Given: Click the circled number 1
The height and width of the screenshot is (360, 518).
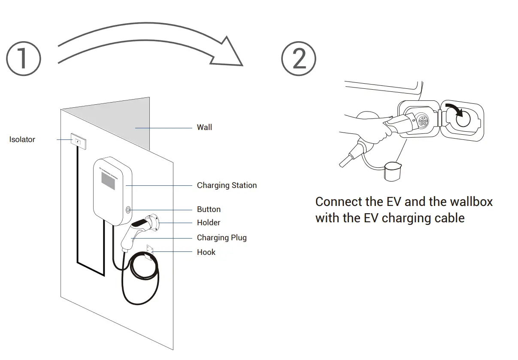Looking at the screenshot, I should click(23, 58).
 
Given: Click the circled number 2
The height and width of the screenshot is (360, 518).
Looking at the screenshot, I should click(298, 58).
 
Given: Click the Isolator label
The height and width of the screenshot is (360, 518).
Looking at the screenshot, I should click(22, 139).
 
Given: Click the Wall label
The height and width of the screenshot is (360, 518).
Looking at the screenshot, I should click(204, 127).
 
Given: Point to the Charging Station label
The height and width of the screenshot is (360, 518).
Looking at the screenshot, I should click(227, 185).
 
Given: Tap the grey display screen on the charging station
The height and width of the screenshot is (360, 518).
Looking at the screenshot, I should click(108, 182).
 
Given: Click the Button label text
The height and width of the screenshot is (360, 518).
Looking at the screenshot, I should click(209, 209).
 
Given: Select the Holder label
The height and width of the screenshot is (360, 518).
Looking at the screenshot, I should click(209, 223).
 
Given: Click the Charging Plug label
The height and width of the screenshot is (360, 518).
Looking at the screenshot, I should click(221, 238).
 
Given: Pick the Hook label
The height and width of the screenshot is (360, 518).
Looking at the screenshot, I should click(206, 252).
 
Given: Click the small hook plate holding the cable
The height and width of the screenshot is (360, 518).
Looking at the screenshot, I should click(150, 252).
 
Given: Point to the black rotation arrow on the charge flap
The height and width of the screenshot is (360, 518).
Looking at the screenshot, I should click(455, 111).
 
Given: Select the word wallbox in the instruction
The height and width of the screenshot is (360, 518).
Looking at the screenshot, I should click(470, 202).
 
